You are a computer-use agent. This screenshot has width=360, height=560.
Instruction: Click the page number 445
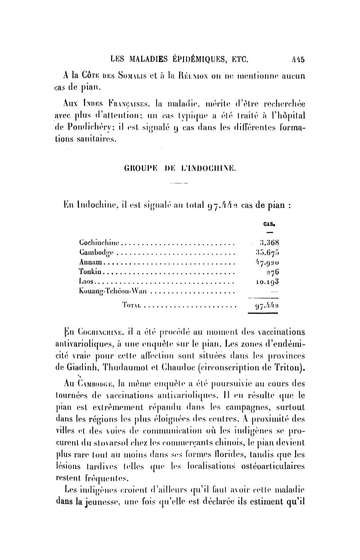pos(298,58)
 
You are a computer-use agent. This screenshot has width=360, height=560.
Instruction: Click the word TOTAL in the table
pos(132,306)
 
